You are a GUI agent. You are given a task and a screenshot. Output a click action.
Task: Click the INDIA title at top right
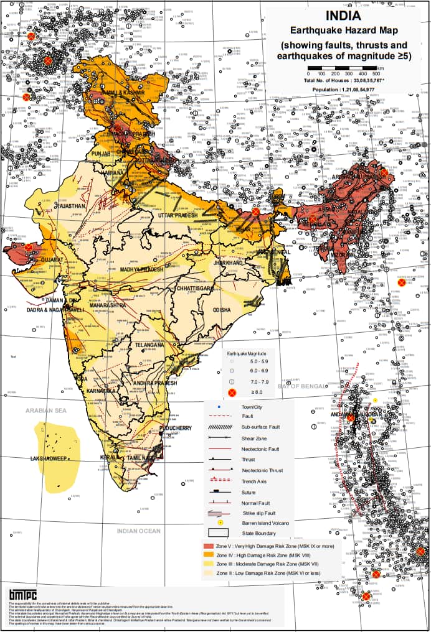(x=343, y=16)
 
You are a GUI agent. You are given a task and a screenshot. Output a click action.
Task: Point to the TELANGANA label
(x=149, y=344)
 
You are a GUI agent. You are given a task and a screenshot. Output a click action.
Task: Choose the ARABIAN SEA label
(x=45, y=411)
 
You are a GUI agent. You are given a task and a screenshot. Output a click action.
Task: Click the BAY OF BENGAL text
(x=302, y=386)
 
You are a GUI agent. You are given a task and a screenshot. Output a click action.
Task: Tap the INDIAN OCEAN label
(x=138, y=531)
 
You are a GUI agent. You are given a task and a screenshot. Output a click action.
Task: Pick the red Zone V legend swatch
(x=209, y=546)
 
